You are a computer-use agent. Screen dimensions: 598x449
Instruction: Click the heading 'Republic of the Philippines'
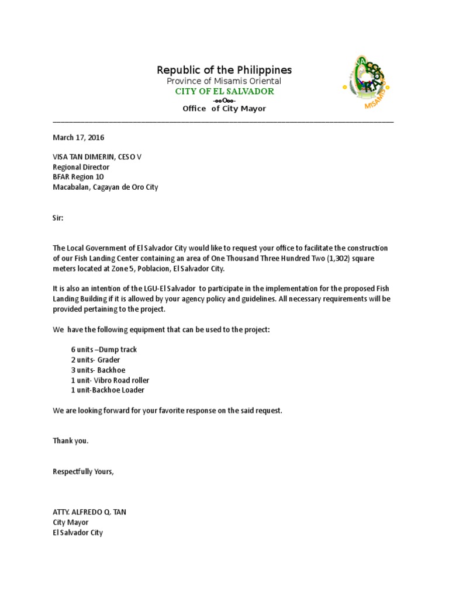tap(224, 70)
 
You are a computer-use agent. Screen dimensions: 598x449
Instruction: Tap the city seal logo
tap(367, 82)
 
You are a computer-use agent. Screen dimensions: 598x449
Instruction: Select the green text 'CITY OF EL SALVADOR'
tap(224, 92)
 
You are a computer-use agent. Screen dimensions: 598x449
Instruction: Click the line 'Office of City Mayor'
tap(224, 109)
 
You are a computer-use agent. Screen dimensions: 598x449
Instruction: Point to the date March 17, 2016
tap(78, 138)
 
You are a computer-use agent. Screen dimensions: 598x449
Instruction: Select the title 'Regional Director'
tap(81, 168)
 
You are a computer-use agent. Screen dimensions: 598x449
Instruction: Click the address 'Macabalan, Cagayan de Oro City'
tap(105, 187)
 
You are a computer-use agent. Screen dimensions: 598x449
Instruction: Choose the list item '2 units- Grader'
tap(95, 360)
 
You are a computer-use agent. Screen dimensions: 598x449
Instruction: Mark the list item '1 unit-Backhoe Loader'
tap(108, 390)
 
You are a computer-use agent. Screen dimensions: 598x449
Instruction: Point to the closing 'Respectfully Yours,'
tap(83, 471)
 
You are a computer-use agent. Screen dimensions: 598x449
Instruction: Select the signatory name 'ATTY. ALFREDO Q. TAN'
tap(89, 512)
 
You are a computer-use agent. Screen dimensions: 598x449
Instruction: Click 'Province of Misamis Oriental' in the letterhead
tap(224, 81)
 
